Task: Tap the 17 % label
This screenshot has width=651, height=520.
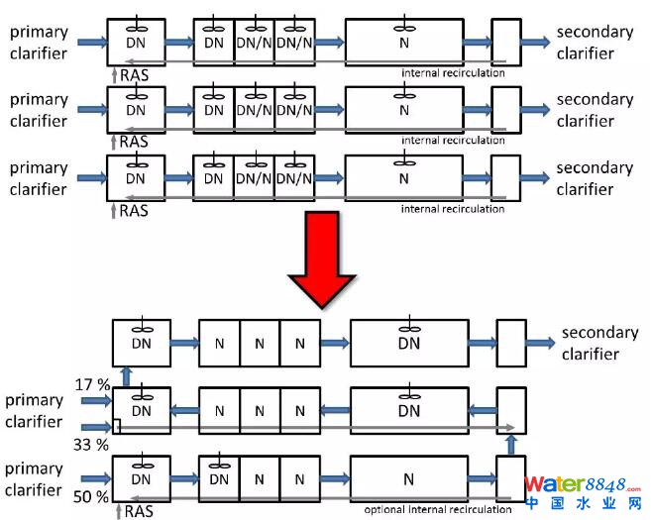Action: (91, 381)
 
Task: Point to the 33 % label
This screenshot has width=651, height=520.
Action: (91, 445)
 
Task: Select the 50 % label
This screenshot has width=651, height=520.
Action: (90, 495)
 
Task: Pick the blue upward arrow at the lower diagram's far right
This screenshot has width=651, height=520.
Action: (510, 443)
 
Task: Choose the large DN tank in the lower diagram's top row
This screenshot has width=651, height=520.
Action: (408, 343)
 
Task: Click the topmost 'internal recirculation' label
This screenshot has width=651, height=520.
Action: (453, 73)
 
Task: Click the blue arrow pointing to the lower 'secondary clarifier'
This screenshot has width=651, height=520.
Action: (540, 342)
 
